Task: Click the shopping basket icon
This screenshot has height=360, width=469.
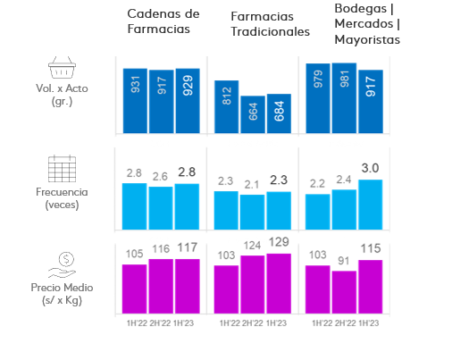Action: (62, 69)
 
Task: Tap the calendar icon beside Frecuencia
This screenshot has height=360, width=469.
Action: (62, 169)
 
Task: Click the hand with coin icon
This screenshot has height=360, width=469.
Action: (62, 262)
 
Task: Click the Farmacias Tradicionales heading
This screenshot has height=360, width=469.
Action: (270, 24)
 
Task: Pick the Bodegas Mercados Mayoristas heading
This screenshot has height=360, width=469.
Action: (367, 23)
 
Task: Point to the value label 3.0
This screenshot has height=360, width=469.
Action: (370, 168)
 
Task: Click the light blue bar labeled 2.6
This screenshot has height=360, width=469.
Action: (161, 208)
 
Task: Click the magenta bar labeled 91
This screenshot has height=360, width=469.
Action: (344, 292)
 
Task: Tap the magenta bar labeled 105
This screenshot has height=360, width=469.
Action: (135, 289)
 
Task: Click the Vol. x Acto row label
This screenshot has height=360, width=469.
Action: (62, 96)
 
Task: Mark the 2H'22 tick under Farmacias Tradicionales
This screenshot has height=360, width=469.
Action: (253, 323)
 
